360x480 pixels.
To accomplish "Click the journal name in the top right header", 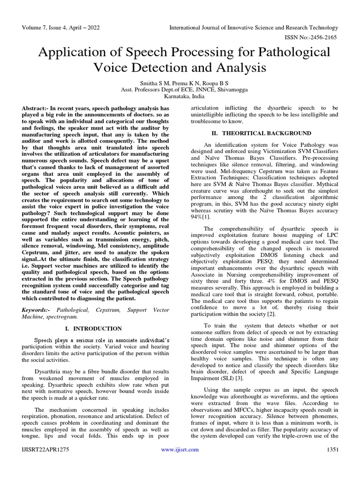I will tap(254, 28).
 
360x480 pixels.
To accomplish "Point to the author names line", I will tap(180, 83).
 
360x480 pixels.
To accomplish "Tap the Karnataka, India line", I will tap(180, 97).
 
